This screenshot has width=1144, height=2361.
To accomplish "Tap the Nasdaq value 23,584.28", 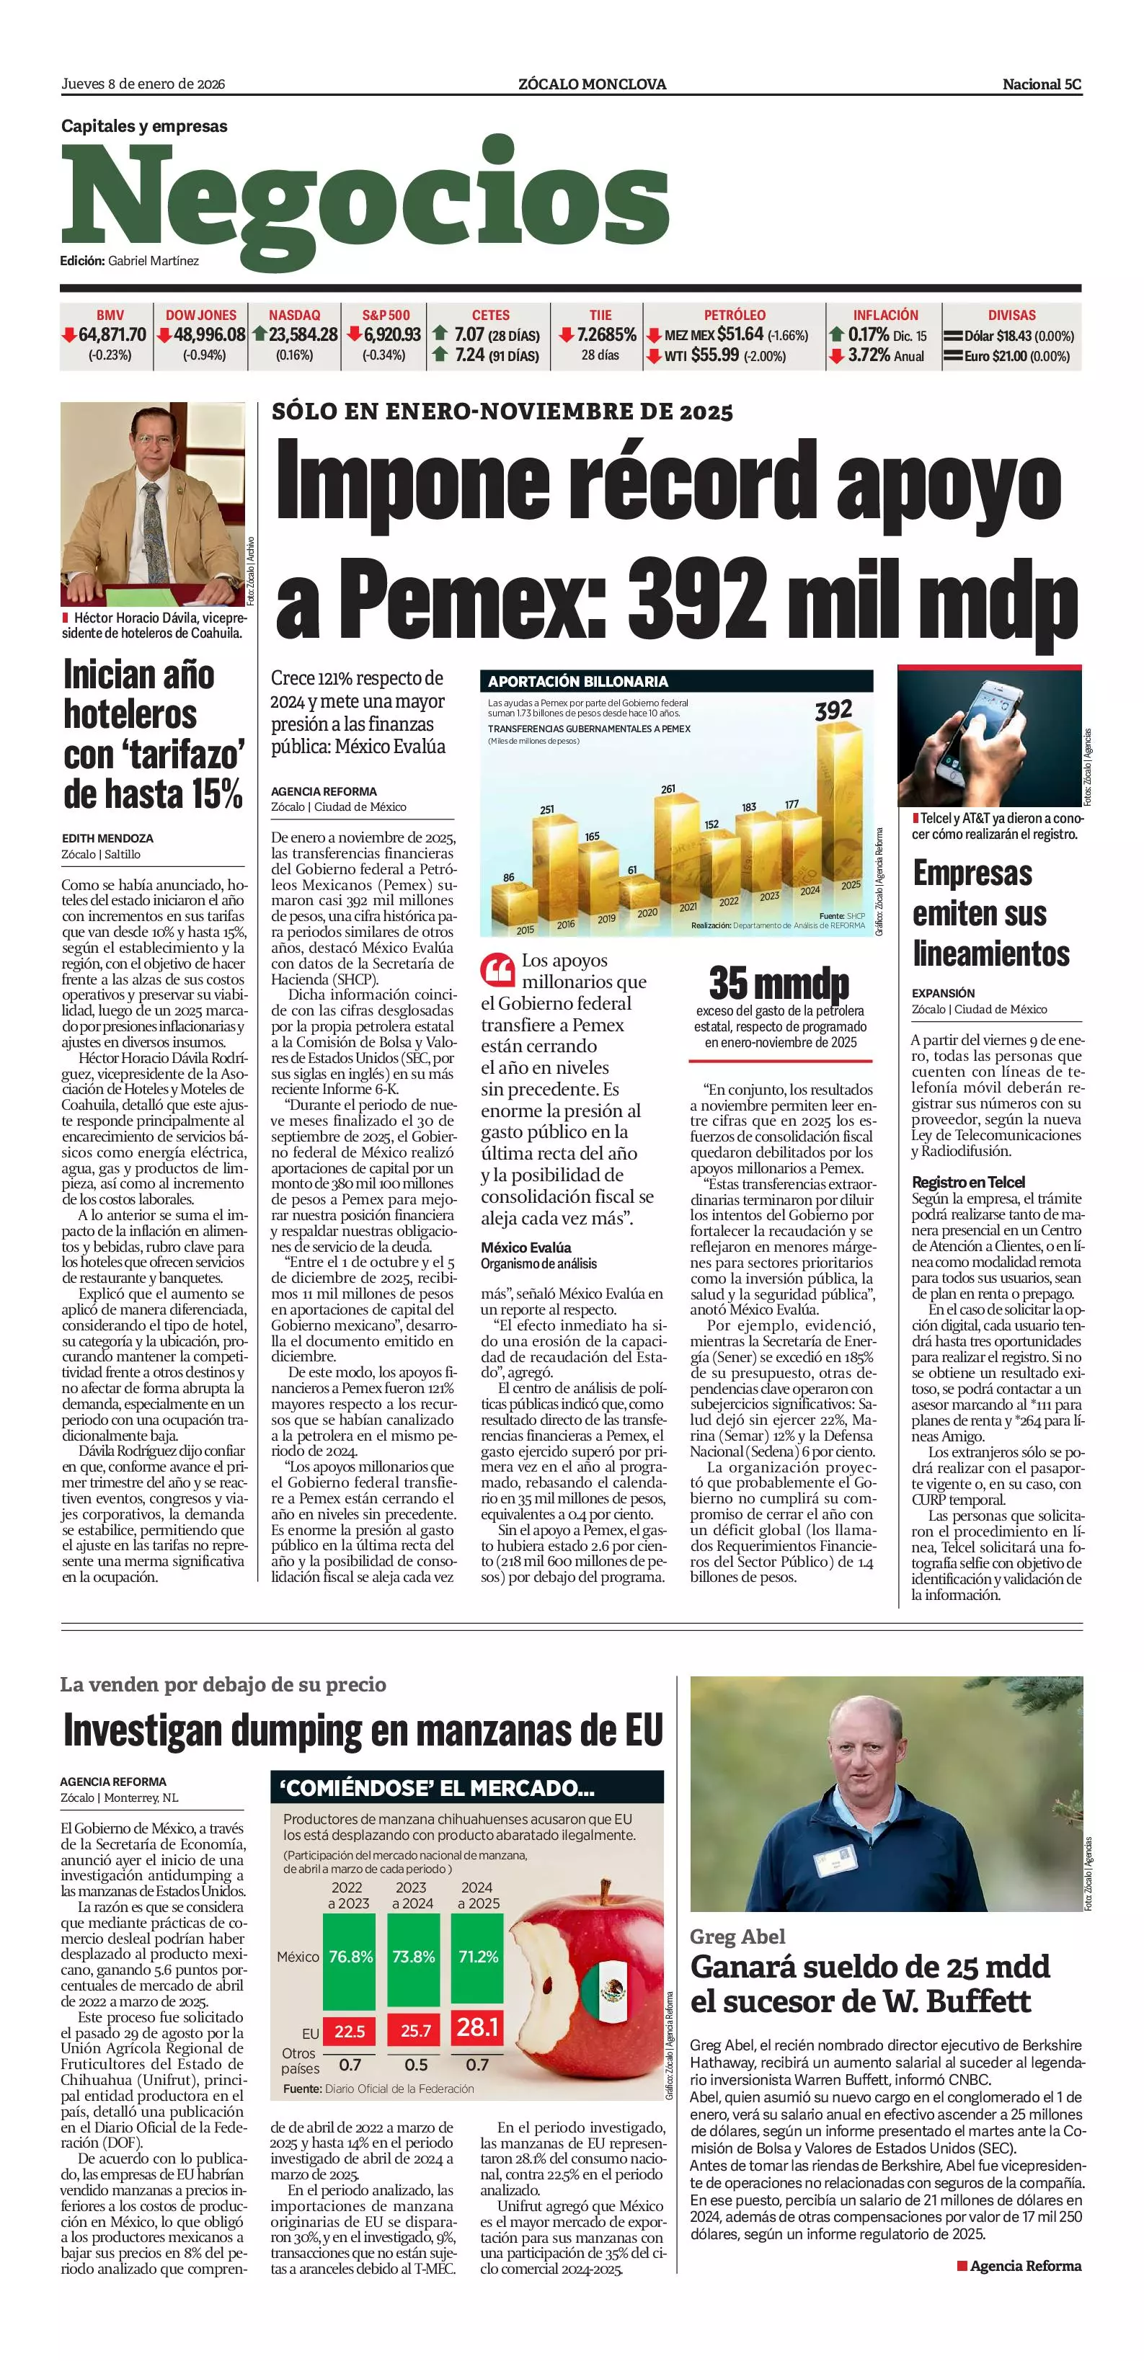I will click(303, 335).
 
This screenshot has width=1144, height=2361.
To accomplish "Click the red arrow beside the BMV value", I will click(68, 335).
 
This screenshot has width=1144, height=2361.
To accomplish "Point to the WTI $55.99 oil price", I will click(714, 355).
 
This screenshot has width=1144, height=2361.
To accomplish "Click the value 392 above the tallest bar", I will click(833, 711).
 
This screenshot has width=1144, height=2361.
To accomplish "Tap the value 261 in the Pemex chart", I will click(668, 789).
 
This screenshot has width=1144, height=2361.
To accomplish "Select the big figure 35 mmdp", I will click(779, 984).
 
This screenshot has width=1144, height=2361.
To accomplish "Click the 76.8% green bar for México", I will click(351, 1957).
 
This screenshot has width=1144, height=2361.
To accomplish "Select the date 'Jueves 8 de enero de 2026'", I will click(143, 84).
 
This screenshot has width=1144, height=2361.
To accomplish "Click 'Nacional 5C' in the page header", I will click(1042, 84).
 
